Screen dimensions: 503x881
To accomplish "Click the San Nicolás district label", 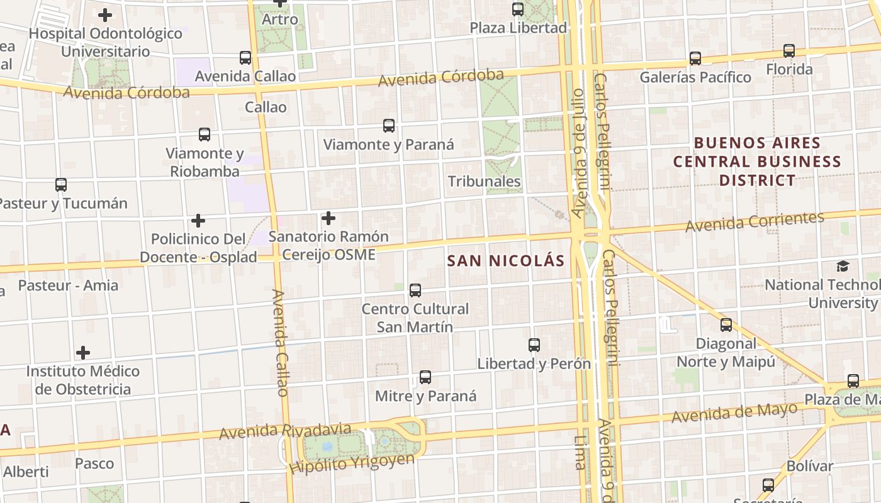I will click(506, 260).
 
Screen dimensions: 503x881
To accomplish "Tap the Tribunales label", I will click(484, 182).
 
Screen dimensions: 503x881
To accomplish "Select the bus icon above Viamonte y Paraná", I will click(389, 126).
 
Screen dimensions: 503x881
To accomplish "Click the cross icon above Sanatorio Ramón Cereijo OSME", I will click(328, 218).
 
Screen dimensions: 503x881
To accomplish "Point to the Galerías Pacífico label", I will click(695, 77).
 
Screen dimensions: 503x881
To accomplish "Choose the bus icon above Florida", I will click(789, 51).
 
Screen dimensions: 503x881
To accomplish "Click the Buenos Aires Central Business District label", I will click(757, 162).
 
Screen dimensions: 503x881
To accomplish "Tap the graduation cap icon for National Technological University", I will click(843, 266).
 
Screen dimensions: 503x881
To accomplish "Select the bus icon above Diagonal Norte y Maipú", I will click(726, 325).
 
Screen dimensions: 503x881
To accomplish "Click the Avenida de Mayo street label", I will click(734, 414).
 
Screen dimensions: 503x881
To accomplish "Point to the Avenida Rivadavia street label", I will click(285, 431).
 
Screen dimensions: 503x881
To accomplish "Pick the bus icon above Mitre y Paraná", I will click(425, 377).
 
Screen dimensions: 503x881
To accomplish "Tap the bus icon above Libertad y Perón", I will click(534, 345).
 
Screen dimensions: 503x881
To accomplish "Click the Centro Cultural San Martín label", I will click(415, 318).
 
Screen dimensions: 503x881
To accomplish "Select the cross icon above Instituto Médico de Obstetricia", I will click(82, 353).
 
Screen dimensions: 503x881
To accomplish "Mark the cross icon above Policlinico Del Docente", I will click(198, 221).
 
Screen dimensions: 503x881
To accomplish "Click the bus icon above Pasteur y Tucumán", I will click(61, 185).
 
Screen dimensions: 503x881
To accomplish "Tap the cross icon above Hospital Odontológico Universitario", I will click(105, 14).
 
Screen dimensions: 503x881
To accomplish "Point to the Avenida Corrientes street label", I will click(755, 222).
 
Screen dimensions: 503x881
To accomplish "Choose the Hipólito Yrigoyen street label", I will click(352, 463).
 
